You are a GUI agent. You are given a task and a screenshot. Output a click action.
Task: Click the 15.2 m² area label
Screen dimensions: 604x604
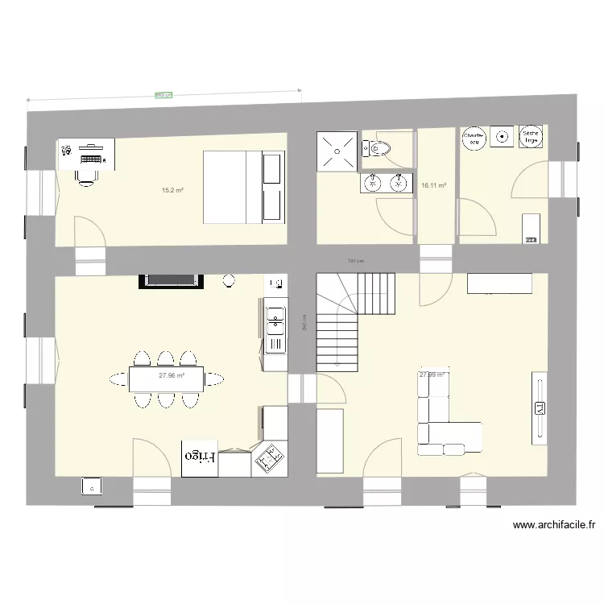coord(172,191)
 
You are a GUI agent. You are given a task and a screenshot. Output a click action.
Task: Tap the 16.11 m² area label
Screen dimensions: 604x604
coord(433,185)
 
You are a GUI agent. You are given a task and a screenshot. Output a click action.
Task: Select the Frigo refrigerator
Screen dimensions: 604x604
coord(200,458)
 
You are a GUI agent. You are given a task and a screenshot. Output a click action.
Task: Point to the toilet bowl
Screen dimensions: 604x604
coord(379,148)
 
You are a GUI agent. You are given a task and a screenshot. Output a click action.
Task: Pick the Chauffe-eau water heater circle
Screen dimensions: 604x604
coord(474,138)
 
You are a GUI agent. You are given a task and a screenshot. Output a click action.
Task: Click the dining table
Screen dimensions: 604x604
coord(166,378)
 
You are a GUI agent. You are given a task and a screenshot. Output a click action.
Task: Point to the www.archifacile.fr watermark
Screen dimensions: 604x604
coord(554,526)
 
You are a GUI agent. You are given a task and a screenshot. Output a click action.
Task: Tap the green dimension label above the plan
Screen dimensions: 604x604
coord(163,95)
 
